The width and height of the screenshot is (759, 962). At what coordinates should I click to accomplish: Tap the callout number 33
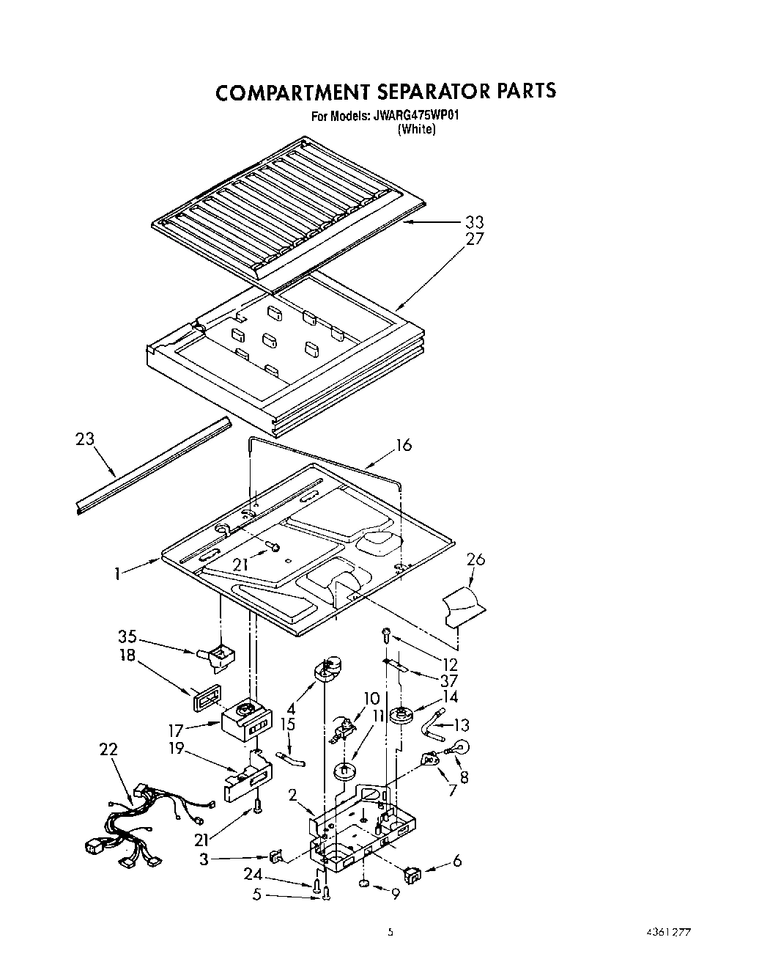point(474,221)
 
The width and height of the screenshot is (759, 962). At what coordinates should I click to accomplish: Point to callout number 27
point(474,239)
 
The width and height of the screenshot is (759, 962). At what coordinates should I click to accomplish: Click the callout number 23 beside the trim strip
point(85,440)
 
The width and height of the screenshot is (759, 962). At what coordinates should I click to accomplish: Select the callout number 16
point(404,445)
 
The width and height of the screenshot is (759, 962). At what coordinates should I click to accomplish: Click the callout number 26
point(475,560)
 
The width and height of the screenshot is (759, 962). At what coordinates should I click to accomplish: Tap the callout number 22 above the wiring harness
point(108,750)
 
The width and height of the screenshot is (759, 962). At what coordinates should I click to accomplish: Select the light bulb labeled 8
point(462,749)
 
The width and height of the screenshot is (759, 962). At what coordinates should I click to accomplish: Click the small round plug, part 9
point(364,888)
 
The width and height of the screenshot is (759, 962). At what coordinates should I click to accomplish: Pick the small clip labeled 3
point(275,856)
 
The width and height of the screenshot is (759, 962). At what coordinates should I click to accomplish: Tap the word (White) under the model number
point(416,129)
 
